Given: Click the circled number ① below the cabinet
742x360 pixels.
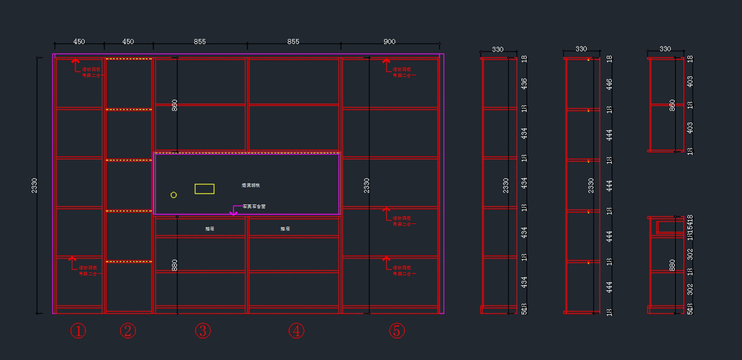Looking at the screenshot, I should point(77,332).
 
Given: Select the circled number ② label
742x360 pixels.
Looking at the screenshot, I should point(128,332).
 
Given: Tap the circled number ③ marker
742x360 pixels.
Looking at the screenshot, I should point(203,332).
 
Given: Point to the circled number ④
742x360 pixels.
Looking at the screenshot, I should point(296,332).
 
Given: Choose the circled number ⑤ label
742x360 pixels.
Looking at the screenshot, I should point(396,332).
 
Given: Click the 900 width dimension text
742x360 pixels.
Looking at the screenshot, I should point(390,42).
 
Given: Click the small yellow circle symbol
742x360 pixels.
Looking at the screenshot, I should point(174,195).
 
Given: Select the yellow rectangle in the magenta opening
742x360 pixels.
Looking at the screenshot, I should point(205,189).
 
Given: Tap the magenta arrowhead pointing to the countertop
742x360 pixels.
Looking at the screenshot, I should point(233,214).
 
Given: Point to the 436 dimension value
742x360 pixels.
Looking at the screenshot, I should point(524,83).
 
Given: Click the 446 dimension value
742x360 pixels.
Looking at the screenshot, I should point(609,84).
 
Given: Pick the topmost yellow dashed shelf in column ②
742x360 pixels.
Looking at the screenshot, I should point(129,59).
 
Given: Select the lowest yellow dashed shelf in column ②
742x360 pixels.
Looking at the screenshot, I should point(129,262).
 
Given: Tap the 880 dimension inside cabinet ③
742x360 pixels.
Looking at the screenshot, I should point(174,265).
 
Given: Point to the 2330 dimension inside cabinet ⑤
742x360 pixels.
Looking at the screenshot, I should point(367,185).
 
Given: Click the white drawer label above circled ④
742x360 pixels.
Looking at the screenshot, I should point(285,229).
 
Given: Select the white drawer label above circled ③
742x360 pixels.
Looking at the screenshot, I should point(210,229).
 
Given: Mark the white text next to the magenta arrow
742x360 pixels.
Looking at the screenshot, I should point(254,207).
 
